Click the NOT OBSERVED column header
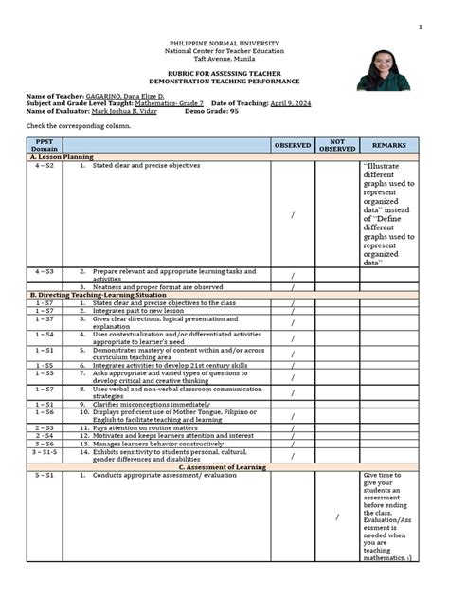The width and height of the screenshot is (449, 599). pos(337,145)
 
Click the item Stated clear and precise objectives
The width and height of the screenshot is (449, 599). pos(146,165)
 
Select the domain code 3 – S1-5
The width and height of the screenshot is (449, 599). pos(44,453)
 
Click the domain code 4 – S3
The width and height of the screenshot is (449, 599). pos(44,271)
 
